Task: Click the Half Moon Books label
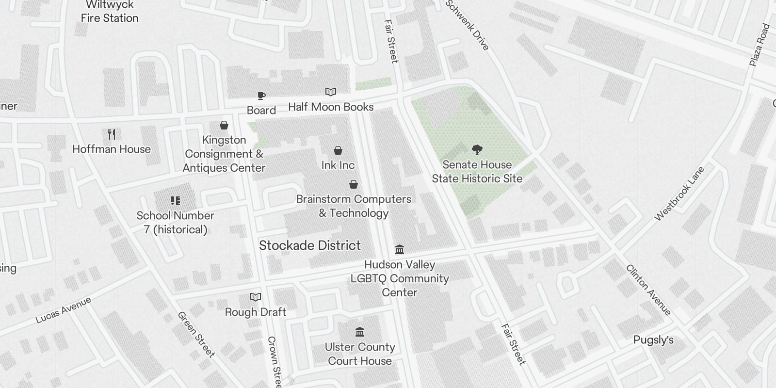331,107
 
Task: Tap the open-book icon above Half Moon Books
331,92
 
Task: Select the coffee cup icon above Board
261,96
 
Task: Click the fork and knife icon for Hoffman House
112,134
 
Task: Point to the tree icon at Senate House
477,150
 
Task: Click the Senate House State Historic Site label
477,172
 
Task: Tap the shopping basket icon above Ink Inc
338,151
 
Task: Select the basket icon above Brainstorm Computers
354,184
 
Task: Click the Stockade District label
310,245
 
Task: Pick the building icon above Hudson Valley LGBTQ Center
400,250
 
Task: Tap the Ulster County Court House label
360,354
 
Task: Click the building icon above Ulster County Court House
360,332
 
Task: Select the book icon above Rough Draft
256,297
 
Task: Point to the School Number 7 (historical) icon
176,201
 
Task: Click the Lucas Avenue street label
64,310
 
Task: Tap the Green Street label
196,335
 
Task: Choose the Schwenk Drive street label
468,25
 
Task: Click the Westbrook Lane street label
679,194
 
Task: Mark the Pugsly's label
653,340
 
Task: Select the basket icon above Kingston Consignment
224,126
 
